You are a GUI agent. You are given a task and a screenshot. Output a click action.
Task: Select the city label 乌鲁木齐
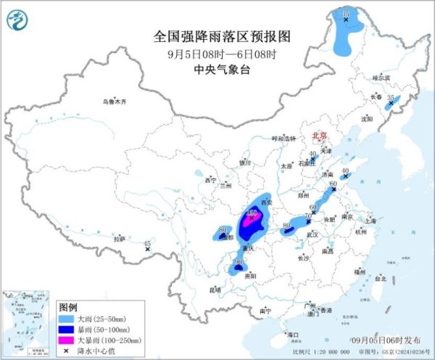pos(114,102)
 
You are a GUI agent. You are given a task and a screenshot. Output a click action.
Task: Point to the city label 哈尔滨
pos(381,77)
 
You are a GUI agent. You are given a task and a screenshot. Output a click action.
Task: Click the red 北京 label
pos(320,136)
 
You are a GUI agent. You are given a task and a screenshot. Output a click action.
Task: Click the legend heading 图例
pos(67,308)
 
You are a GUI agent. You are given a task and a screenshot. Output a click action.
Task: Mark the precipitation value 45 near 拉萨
pos(148,244)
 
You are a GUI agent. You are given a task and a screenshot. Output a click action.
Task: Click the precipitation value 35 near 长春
pos(391,97)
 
